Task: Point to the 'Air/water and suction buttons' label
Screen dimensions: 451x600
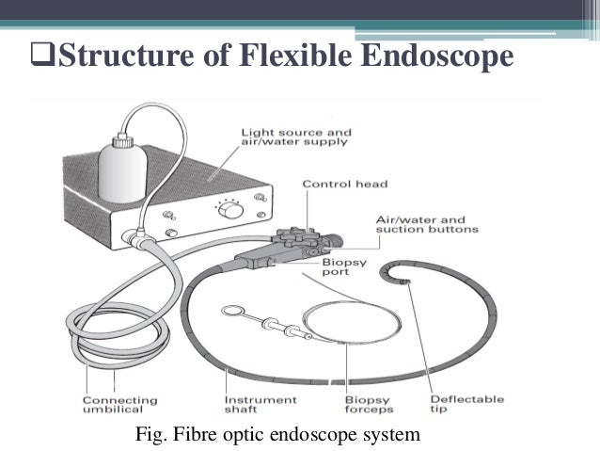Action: (426, 222)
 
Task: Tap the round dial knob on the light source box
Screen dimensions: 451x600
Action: (229, 215)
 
